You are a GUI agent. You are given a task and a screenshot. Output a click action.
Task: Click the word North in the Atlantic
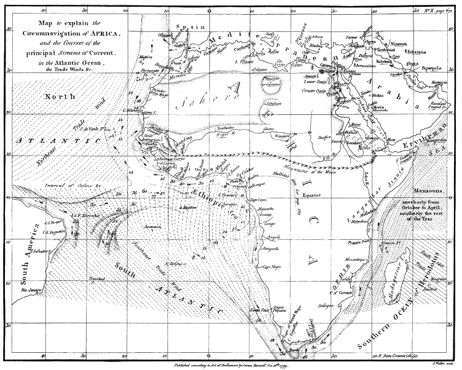point(60,96)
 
